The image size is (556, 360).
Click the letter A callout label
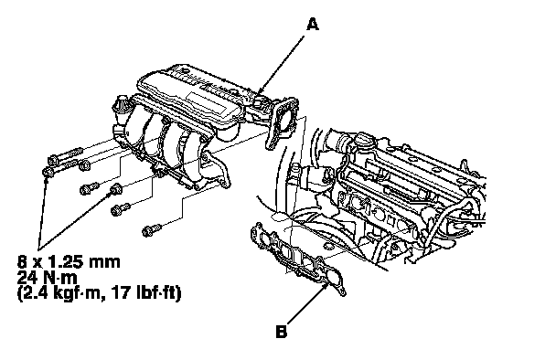pos(313,25)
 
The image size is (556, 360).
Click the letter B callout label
pos(281,332)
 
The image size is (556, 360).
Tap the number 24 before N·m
pos(26,278)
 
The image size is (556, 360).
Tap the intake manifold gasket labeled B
pos(297,259)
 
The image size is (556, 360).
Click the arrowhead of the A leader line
pos(260,92)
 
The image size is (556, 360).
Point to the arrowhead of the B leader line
pos(325,286)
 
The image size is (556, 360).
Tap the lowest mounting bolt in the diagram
pos(152,230)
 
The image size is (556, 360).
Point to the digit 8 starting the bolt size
pos(22,262)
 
